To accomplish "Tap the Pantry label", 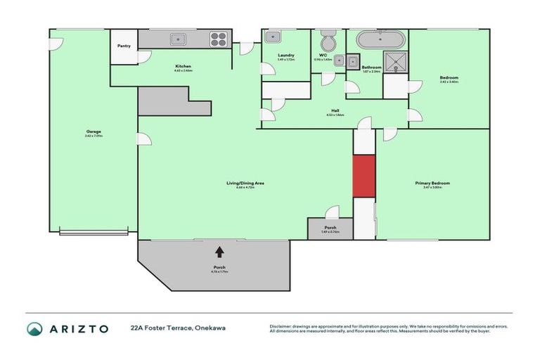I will (124, 46).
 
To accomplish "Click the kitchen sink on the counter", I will (179, 39).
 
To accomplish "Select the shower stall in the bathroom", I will (394, 62).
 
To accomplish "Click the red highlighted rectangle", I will (364, 176).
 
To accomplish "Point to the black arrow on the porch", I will (219, 251).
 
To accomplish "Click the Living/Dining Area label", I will (245, 183).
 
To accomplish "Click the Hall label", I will (335, 110).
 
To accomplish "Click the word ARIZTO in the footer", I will (78, 328).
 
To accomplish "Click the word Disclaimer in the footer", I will (282, 326).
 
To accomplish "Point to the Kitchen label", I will (184, 66).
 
